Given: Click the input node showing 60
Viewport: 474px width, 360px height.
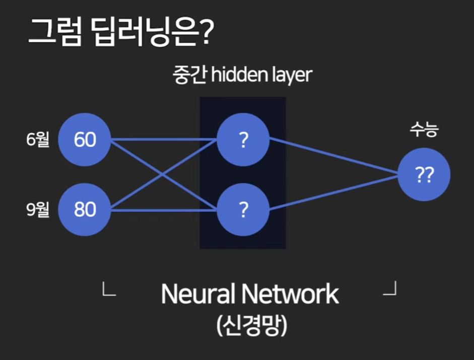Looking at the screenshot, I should pos(84,139).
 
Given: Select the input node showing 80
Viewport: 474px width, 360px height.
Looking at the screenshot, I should pos(84,209).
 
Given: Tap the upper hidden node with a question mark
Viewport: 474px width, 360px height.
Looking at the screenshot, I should pos(243,139).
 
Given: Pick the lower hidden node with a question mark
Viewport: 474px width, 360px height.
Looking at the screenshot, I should pos(243,209).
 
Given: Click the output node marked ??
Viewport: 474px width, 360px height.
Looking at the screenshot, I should pos(424,175).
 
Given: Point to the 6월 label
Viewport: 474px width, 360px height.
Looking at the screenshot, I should pos(38,139).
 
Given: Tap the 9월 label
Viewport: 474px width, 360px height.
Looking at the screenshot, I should pos(38,209).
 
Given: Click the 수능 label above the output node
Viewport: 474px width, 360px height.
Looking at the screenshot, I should pos(424,130).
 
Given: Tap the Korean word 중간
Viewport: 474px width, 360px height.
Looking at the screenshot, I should pos(188,76).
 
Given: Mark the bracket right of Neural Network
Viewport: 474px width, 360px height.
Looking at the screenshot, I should pos(390,289).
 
